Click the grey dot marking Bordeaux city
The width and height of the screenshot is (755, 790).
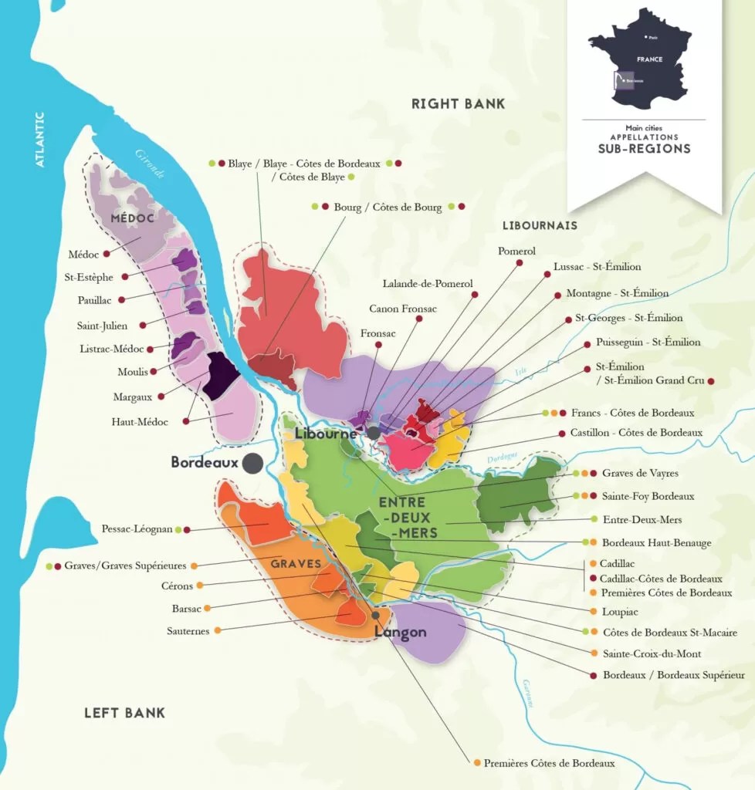coord(251,463)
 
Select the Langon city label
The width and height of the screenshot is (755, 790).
coord(400,632)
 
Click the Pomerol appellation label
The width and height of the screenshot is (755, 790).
coord(516,251)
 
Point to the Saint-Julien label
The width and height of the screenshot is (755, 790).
coord(102,326)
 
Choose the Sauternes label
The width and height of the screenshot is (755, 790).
coord(188,630)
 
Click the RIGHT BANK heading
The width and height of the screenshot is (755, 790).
coord(458,103)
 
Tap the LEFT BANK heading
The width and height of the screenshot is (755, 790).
coord(124,712)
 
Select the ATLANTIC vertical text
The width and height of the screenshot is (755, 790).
coord(40,139)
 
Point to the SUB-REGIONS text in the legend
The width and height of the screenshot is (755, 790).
coord(644,148)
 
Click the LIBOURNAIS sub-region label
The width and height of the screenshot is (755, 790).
coord(540,225)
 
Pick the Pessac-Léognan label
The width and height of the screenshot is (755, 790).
coord(137,529)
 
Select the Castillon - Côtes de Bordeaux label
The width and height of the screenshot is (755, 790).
coord(636,433)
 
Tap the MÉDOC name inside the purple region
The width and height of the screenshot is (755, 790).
coord(132,218)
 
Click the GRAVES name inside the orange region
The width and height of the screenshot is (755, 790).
coord(295,564)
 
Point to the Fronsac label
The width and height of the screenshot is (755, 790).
coord(377,333)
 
